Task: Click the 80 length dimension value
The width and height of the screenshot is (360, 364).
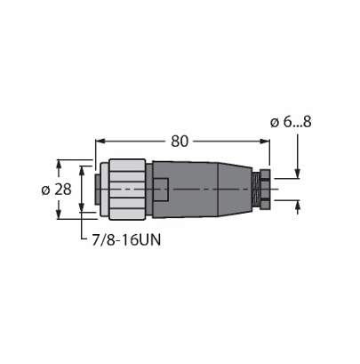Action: click(x=180, y=142)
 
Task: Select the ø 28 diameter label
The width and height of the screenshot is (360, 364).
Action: click(x=56, y=190)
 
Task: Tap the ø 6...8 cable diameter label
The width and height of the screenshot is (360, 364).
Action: click(x=291, y=122)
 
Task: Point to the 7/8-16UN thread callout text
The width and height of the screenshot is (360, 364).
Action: click(x=126, y=240)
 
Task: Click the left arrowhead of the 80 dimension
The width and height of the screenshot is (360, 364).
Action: click(x=100, y=142)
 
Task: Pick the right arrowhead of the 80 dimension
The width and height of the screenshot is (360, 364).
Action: click(x=265, y=142)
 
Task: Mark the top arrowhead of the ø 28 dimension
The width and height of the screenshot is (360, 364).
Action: click(x=59, y=165)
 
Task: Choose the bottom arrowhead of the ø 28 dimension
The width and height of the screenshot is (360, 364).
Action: click(x=59, y=214)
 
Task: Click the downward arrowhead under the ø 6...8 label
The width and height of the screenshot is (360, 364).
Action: click(x=298, y=174)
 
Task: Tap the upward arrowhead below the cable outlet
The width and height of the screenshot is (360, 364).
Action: click(x=298, y=206)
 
